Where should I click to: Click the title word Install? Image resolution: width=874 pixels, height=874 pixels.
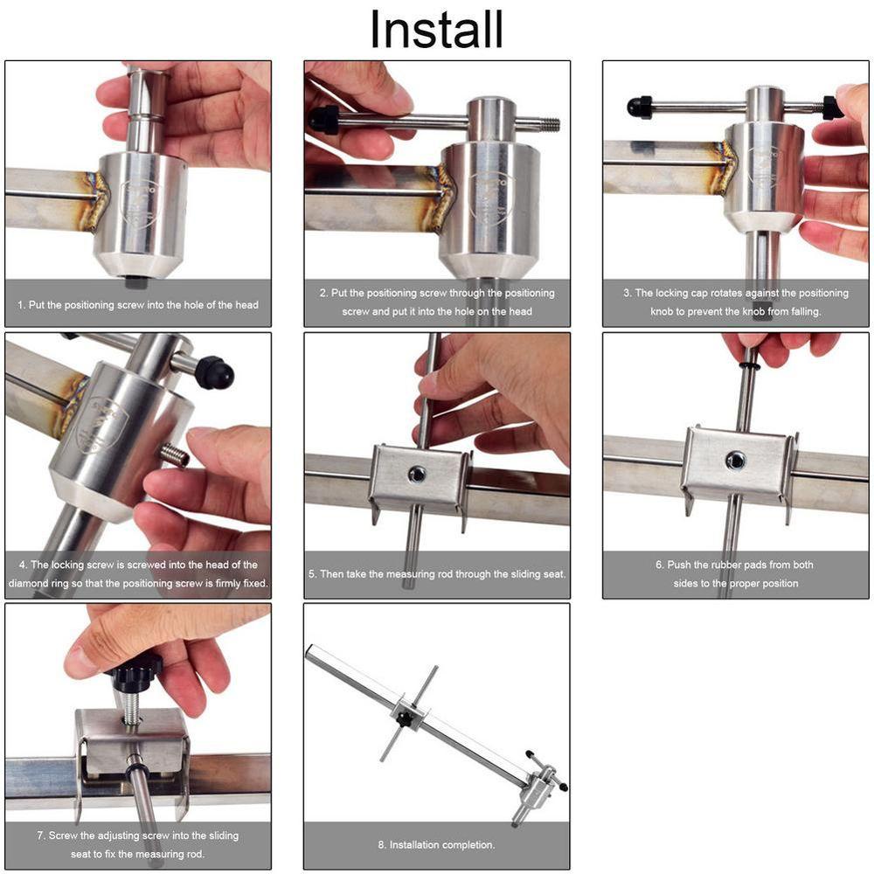point(436,29)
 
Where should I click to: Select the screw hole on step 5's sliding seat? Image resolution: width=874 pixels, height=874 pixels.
point(416,475)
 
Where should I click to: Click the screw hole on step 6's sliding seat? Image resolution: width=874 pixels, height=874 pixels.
point(735,461)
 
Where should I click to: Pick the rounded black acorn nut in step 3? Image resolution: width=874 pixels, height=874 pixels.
point(639,107)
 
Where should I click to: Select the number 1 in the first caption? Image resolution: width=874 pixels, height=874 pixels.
point(21,305)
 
